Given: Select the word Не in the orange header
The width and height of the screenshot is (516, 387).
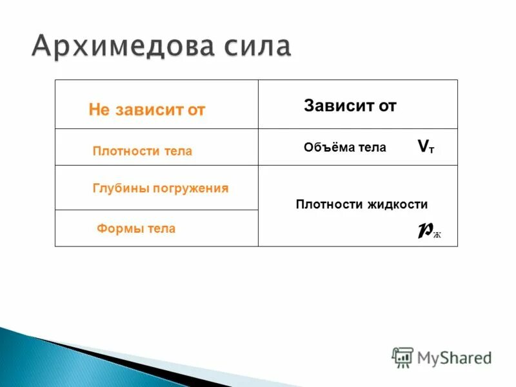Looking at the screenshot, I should [99, 110].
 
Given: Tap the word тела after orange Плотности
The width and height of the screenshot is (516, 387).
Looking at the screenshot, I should [178, 151].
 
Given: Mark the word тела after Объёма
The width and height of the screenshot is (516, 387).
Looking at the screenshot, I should [373, 148].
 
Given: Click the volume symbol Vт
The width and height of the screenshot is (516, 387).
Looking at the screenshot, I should [426, 147].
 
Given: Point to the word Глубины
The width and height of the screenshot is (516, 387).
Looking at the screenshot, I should [119, 188].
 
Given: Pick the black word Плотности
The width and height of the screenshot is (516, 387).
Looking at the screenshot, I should [329, 204].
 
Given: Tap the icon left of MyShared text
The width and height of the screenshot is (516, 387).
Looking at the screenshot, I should [402, 357].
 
